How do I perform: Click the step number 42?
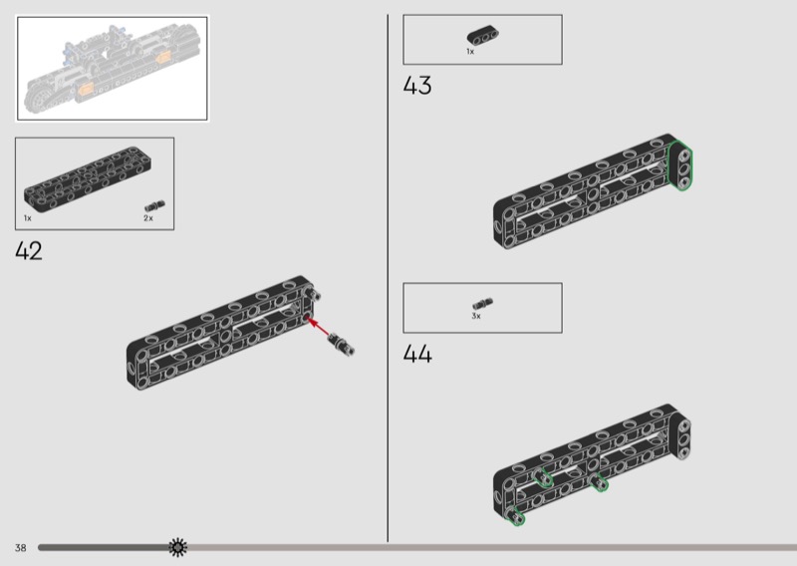pos(29,251)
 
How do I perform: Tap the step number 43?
pos(417,86)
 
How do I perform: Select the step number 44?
pos(417,354)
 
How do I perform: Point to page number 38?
pos(20,547)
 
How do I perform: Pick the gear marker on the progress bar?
pos(177,546)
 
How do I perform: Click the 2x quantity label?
pos(148,217)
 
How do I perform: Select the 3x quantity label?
pos(476,316)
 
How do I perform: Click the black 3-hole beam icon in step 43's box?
pos(482,35)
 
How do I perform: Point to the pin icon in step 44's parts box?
pos(483,304)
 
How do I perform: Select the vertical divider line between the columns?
pos(388,279)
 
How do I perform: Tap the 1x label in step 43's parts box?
pos(470,51)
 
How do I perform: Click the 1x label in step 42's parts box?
pos(28,217)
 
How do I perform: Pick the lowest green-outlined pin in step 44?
pos(517,516)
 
